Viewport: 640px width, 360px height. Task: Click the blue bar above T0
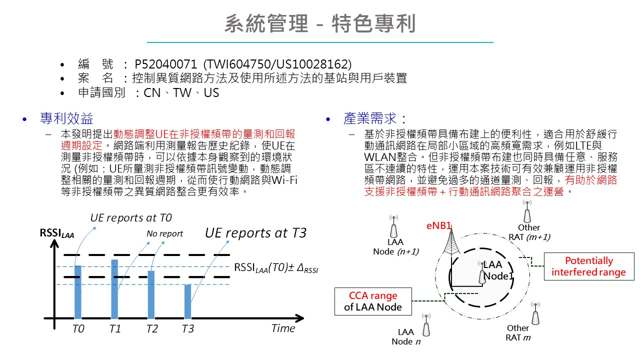click(77, 292)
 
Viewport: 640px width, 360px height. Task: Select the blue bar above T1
click(114, 289)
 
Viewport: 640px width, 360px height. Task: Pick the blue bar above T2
click(151, 294)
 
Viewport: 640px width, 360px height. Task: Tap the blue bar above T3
click(187, 301)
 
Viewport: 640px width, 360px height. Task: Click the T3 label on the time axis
click(187, 328)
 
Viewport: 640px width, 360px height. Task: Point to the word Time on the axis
click(283, 328)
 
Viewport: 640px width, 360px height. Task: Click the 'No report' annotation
click(164, 233)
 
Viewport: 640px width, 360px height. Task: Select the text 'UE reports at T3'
click(255, 233)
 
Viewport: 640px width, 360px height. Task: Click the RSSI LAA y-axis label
click(57, 233)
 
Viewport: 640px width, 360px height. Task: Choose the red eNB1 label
click(439, 225)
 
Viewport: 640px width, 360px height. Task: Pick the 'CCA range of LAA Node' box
click(373, 301)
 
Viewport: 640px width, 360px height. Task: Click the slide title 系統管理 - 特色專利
click(320, 23)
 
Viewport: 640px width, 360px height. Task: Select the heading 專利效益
click(66, 118)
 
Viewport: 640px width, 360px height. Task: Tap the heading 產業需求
click(375, 118)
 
